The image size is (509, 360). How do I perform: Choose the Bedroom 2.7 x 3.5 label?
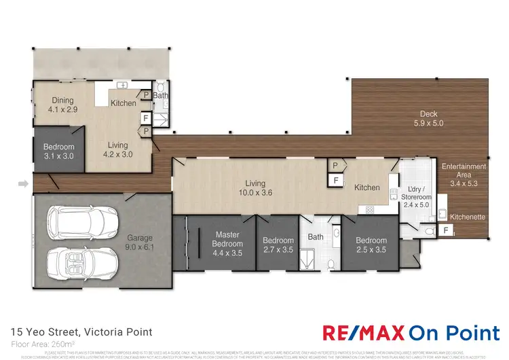tap(278, 245)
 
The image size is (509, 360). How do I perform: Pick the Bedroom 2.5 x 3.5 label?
tap(371, 245)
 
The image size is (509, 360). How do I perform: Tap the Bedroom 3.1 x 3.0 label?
tap(59, 151)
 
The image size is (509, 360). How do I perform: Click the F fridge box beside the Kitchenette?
tap(445, 231)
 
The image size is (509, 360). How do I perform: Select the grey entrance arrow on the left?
tap(23, 183)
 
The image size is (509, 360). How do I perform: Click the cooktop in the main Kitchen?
tap(370, 210)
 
